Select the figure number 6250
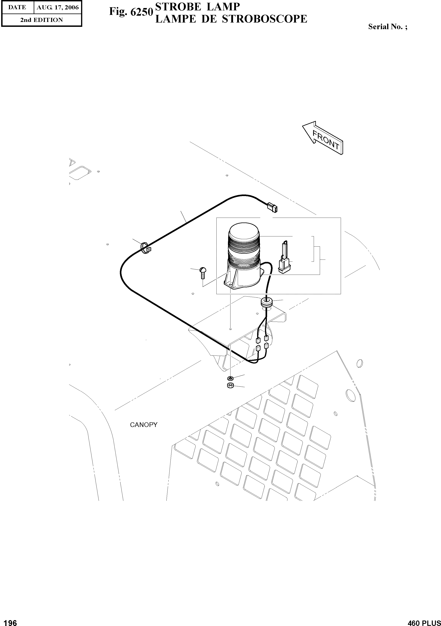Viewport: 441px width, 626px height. (142, 12)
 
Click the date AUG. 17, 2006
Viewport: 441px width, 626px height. (58, 7)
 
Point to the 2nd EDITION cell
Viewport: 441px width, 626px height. (42, 20)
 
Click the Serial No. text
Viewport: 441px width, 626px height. (388, 27)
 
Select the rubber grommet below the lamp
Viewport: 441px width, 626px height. (267, 302)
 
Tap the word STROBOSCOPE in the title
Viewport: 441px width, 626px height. (265, 19)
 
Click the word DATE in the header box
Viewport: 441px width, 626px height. (17, 7)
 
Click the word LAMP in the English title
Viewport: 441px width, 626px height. (223, 6)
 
